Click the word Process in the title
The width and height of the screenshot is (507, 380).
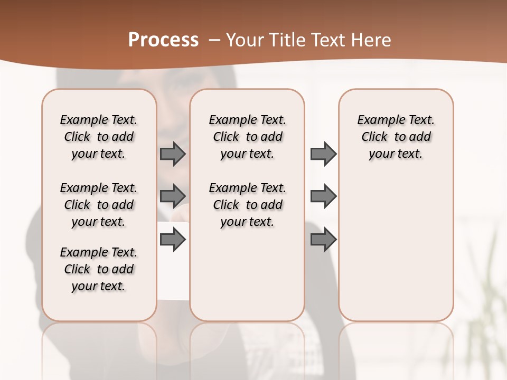pos(163,40)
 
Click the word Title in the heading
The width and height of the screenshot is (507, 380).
pos(287,40)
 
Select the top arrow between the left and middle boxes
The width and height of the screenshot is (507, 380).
pos(172,154)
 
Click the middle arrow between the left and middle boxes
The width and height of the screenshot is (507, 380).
pos(172,196)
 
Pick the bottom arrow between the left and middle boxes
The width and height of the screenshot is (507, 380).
pos(172,240)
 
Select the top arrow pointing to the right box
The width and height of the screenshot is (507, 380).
pos(323,154)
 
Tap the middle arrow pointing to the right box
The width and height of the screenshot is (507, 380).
pos(323,196)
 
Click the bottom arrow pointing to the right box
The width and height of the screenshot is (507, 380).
pos(323,240)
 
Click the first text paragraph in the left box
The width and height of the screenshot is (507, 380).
pos(99,137)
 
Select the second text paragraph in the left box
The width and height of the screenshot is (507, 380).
pos(99,205)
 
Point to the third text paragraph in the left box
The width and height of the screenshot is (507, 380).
pos(99,269)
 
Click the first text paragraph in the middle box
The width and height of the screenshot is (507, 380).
pos(247,137)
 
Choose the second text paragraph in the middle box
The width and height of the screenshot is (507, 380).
pos(247,205)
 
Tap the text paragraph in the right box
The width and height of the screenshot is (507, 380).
pos(396,137)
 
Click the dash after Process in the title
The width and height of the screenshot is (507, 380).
pos(214,40)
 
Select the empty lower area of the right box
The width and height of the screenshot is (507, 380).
pos(396,253)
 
